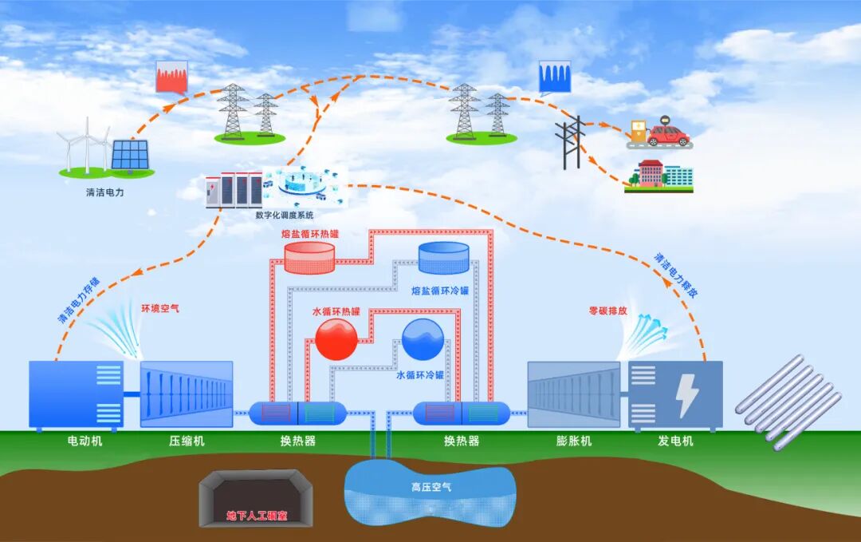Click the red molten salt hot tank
pyautogui.click(x=309, y=257)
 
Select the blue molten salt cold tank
pyautogui.click(x=444, y=257)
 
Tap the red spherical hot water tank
pyautogui.click(x=336, y=340)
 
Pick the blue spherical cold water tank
pyautogui.click(x=423, y=340)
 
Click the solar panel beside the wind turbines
pyautogui.click(x=129, y=155)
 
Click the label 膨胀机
pyautogui.click(x=573, y=441)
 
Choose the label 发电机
pyautogui.click(x=675, y=441)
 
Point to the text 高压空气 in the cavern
pyautogui.click(x=431, y=486)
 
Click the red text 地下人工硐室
pyautogui.click(x=257, y=516)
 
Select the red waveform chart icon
pyautogui.click(x=171, y=77)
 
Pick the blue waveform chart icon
pyautogui.click(x=555, y=77)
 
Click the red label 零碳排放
pyautogui.click(x=607, y=311)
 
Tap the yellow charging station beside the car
pyautogui.click(x=637, y=132)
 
